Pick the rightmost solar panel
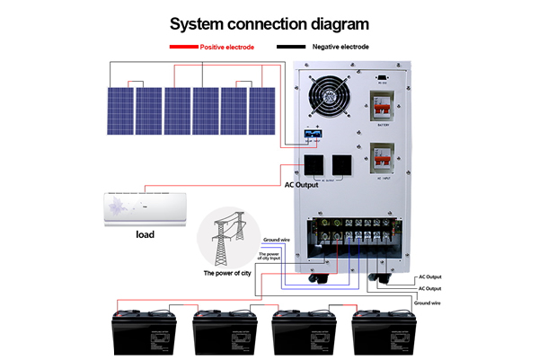262,111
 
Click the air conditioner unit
145,207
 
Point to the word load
145,235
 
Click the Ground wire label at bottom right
428,303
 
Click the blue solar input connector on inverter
314,135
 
